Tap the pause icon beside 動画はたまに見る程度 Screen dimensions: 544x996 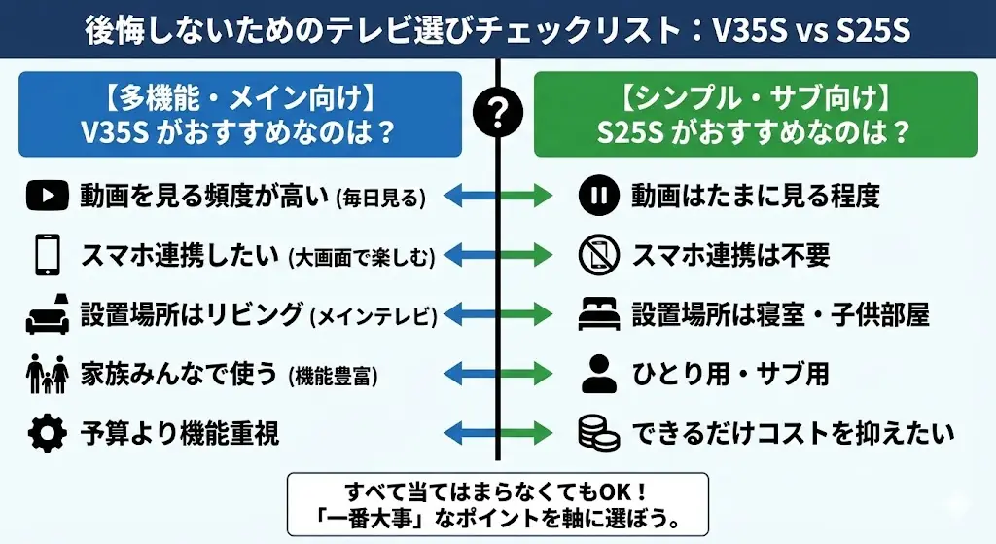click(598, 197)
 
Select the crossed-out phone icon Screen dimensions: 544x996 click(598, 255)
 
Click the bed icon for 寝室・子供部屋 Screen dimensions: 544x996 click(598, 313)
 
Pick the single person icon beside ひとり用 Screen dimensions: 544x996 click(598, 373)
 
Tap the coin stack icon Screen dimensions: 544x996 click(598, 432)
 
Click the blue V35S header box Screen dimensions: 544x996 click(239, 114)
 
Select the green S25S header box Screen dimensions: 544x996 click(755, 114)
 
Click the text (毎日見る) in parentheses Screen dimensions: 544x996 click(380, 199)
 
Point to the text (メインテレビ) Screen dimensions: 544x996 click(373, 315)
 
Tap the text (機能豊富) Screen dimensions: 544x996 click(334, 375)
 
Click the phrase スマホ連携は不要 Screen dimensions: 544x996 click(730, 255)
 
